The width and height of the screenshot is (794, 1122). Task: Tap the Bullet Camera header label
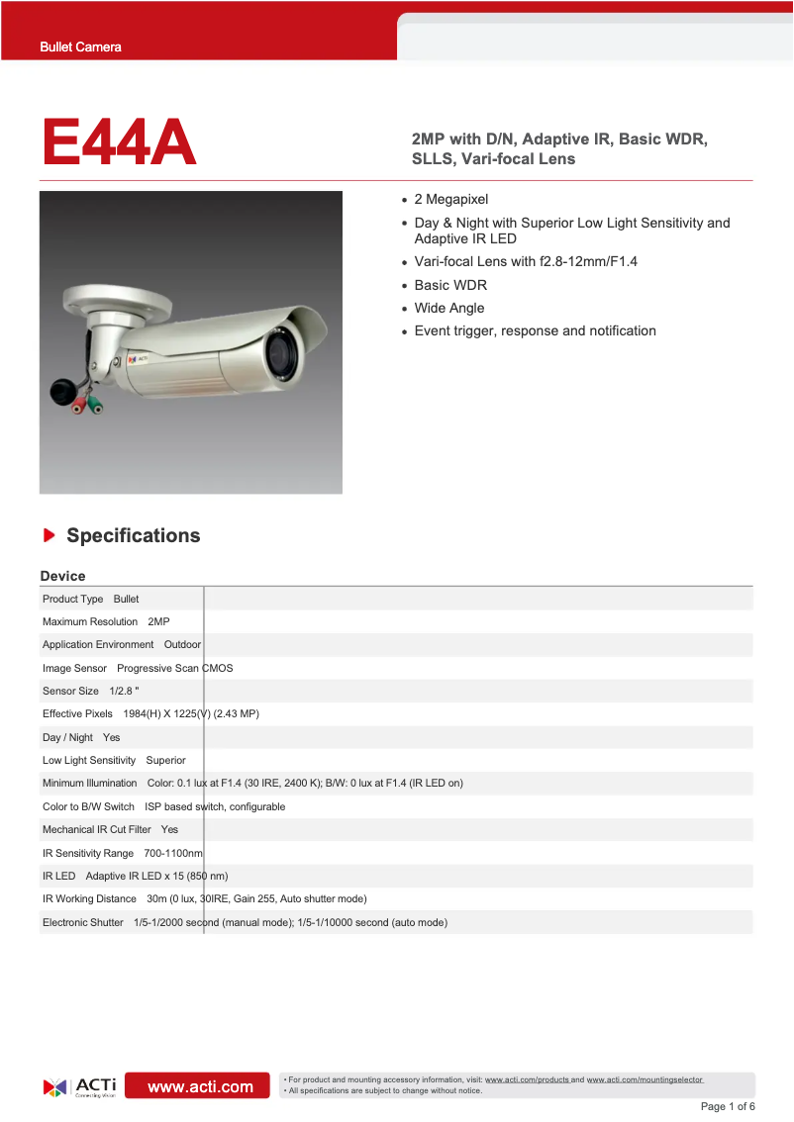point(80,47)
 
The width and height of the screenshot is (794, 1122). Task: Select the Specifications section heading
point(133,535)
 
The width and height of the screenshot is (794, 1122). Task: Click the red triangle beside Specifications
point(49,535)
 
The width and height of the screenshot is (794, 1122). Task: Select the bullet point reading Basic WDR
point(450,285)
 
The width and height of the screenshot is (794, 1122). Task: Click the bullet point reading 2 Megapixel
point(451,200)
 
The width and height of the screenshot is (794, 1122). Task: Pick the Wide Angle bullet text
point(448,308)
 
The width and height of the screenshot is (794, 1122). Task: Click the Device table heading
point(62,576)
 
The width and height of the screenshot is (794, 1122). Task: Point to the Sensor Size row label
point(70,691)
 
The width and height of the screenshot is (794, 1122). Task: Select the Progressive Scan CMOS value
point(175,668)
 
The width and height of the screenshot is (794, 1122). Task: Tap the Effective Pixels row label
point(77,713)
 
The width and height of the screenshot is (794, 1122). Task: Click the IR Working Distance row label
point(89,898)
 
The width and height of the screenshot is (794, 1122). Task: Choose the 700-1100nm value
point(173,853)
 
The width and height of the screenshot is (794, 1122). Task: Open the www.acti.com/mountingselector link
point(645,1079)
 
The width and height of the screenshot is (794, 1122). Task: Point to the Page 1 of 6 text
point(727,1106)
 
